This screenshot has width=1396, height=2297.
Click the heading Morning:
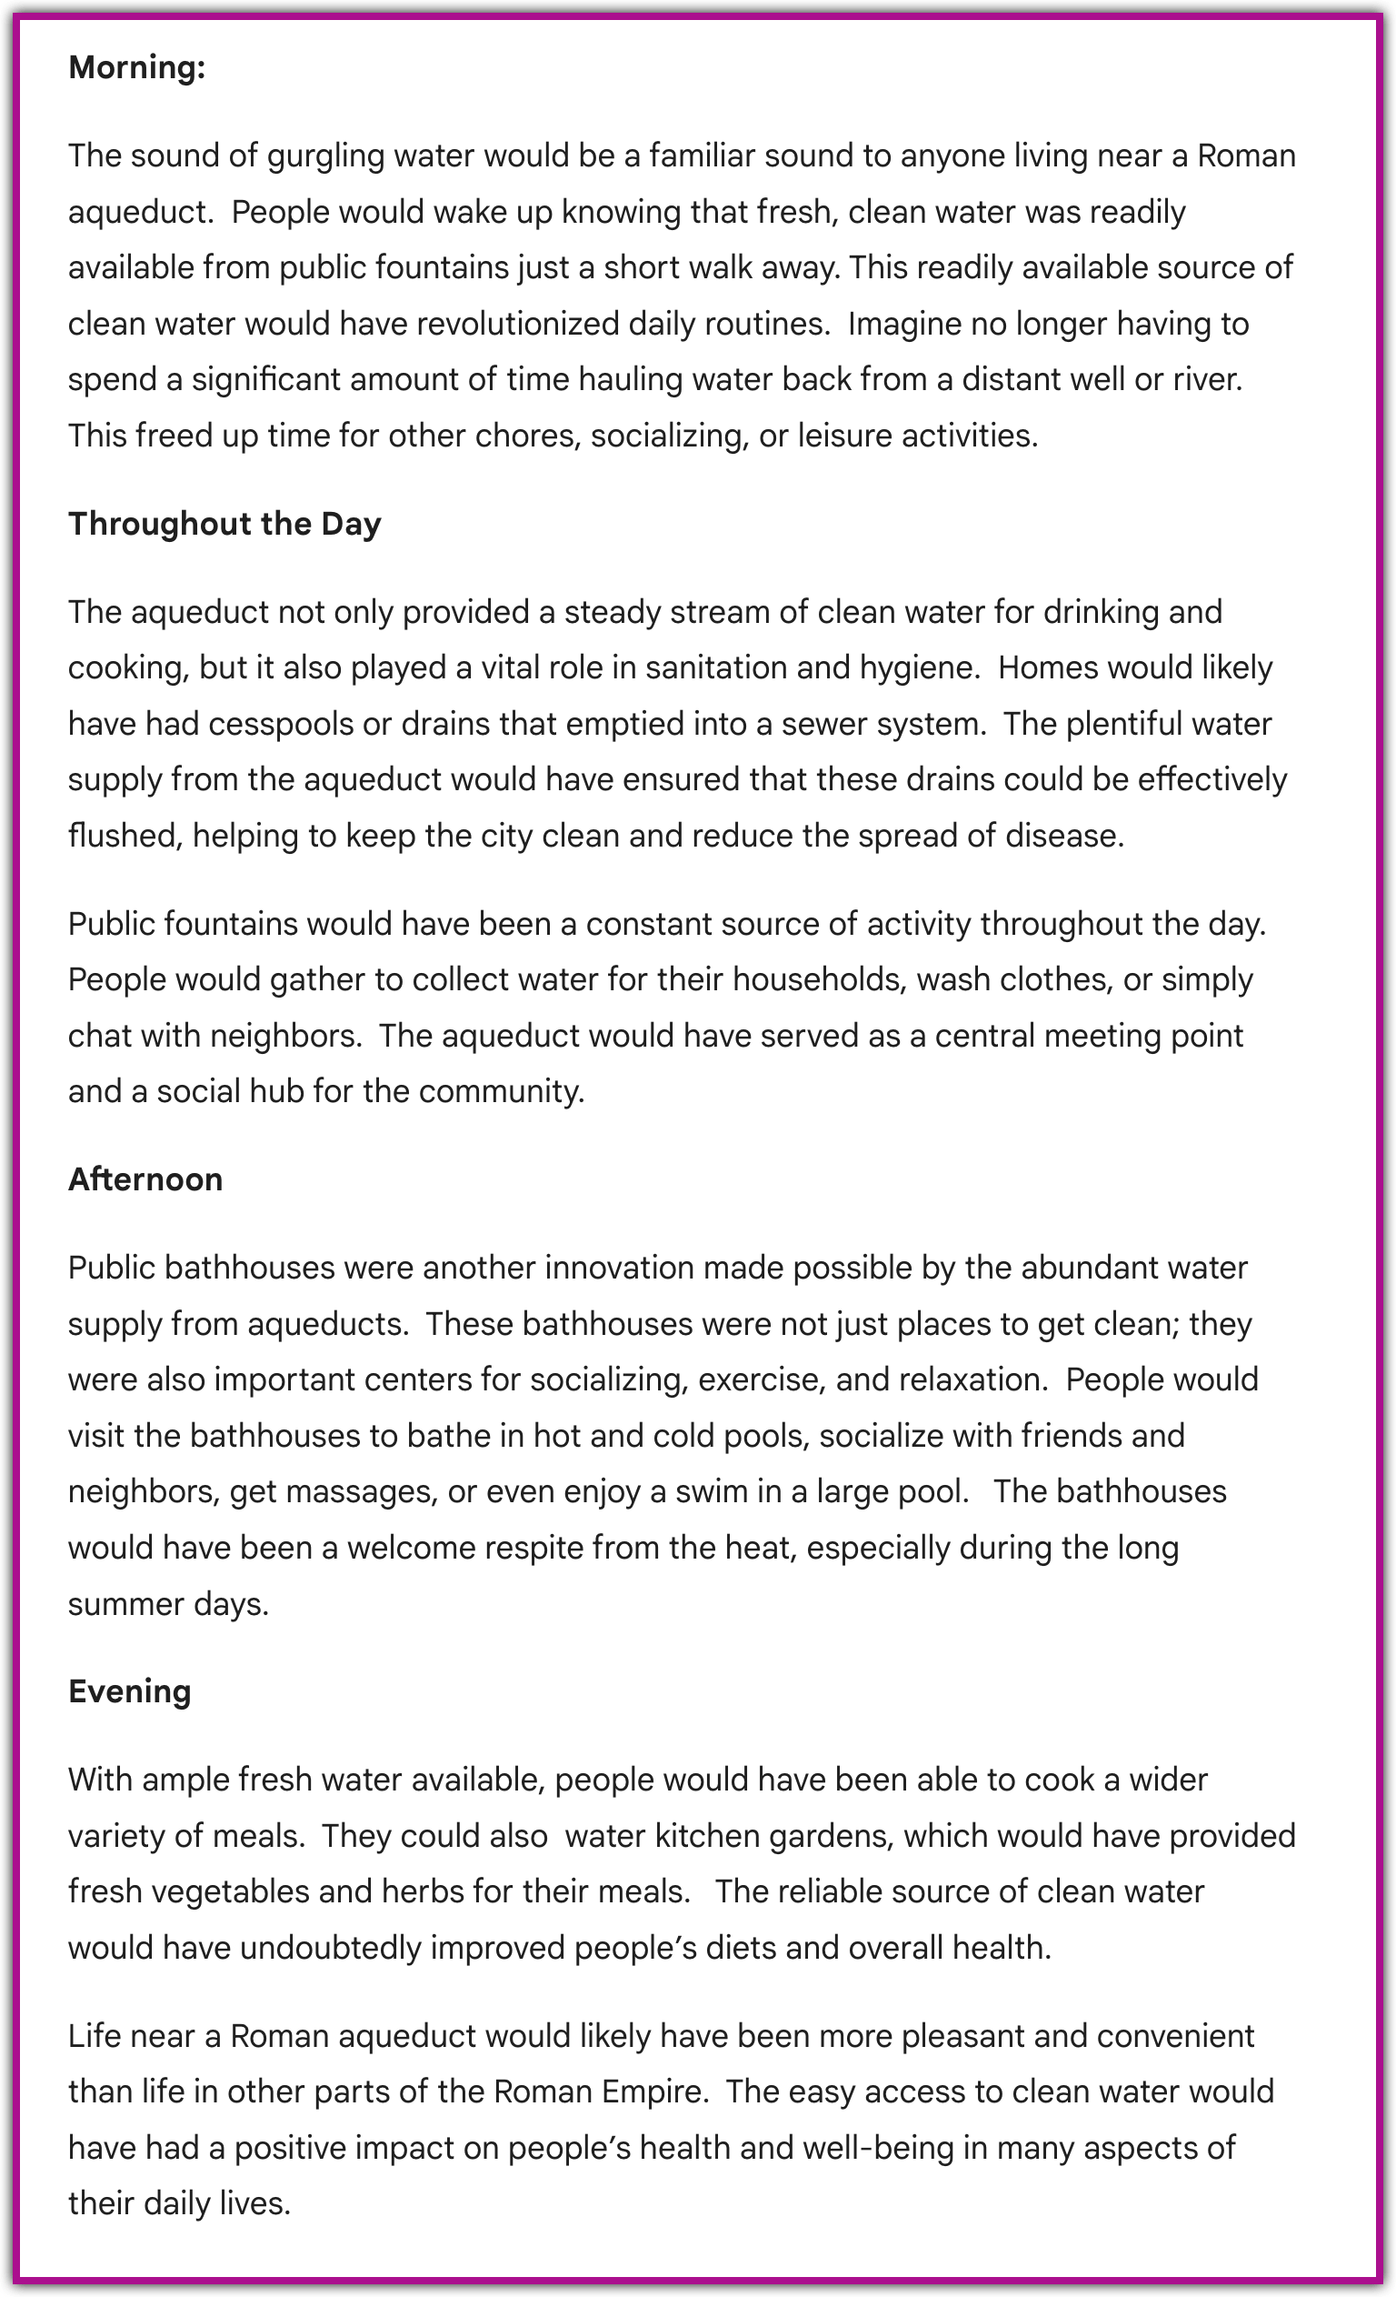(137, 68)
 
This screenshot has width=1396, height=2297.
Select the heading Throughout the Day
(224, 524)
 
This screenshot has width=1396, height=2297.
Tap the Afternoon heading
(145, 1179)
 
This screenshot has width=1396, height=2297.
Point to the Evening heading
(130, 1691)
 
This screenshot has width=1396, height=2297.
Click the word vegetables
(229, 1891)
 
